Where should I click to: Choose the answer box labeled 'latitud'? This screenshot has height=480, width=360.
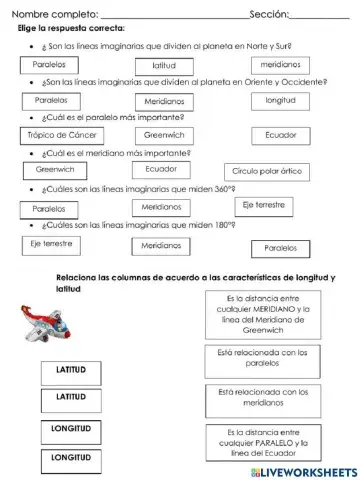pos(158,64)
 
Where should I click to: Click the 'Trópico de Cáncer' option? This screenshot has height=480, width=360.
pos(61,134)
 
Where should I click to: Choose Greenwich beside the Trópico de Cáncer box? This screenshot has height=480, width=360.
pos(162,134)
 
